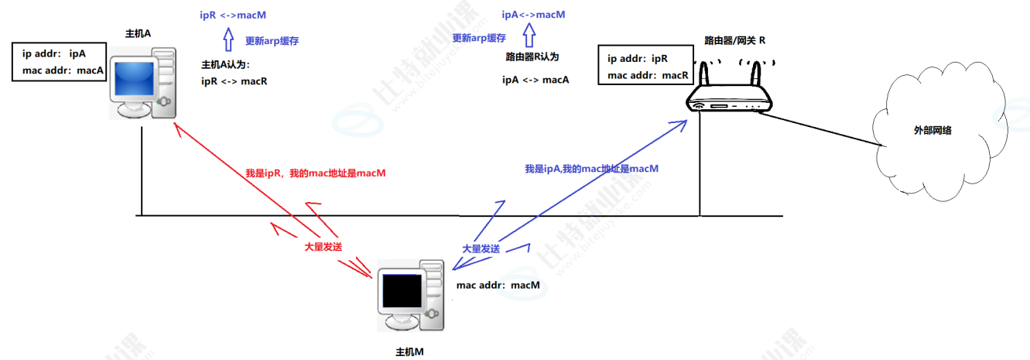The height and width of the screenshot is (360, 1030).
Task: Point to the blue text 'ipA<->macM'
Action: (533, 15)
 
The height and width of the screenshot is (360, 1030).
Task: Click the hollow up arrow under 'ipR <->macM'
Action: (228, 39)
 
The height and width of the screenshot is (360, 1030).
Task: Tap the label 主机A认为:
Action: (226, 64)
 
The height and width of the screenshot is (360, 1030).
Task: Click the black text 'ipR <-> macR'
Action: (234, 81)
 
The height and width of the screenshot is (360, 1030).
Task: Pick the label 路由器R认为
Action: (532, 57)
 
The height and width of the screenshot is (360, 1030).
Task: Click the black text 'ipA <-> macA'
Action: (536, 79)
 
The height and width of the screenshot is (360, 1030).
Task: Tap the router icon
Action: (729, 93)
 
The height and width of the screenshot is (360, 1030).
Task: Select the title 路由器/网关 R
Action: (734, 39)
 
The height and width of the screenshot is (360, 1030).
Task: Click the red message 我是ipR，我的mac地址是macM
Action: (314, 173)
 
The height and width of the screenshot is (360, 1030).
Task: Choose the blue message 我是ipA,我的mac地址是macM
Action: (591, 168)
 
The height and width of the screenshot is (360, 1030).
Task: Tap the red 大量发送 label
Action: (323, 246)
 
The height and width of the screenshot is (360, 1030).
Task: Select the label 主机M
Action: (409, 351)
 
